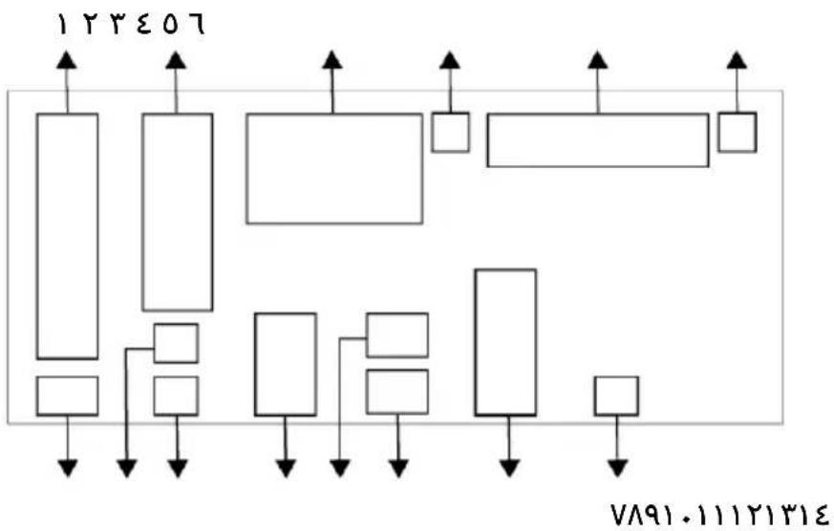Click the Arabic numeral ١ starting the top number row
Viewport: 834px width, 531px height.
pyautogui.click(x=62, y=25)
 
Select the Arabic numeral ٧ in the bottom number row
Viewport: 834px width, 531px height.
pyautogui.click(x=620, y=515)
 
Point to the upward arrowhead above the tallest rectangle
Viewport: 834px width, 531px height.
pyautogui.click(x=67, y=60)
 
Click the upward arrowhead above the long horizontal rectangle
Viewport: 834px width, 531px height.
pyautogui.click(x=598, y=60)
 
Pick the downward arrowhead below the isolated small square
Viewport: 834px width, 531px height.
pyautogui.click(x=617, y=468)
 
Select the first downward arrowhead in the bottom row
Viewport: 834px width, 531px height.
pyautogui.click(x=68, y=468)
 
